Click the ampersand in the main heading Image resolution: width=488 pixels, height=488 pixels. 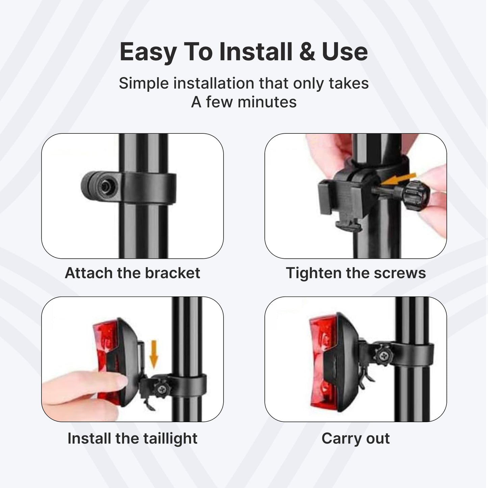click(x=307, y=52)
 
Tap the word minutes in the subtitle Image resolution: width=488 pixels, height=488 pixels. click(x=267, y=102)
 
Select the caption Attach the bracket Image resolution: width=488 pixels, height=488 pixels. click(x=132, y=273)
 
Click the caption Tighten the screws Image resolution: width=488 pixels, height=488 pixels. click(x=356, y=273)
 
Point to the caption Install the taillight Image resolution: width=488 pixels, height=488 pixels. click(x=132, y=439)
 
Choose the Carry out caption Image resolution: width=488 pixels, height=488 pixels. click(x=356, y=439)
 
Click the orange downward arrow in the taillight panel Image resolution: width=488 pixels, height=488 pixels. click(x=154, y=354)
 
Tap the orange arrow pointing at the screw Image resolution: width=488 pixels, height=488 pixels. click(x=399, y=179)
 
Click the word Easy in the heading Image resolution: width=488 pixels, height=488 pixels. click(x=148, y=52)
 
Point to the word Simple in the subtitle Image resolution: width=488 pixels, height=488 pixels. click(x=144, y=83)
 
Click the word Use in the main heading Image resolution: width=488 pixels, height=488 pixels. click(x=345, y=52)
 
